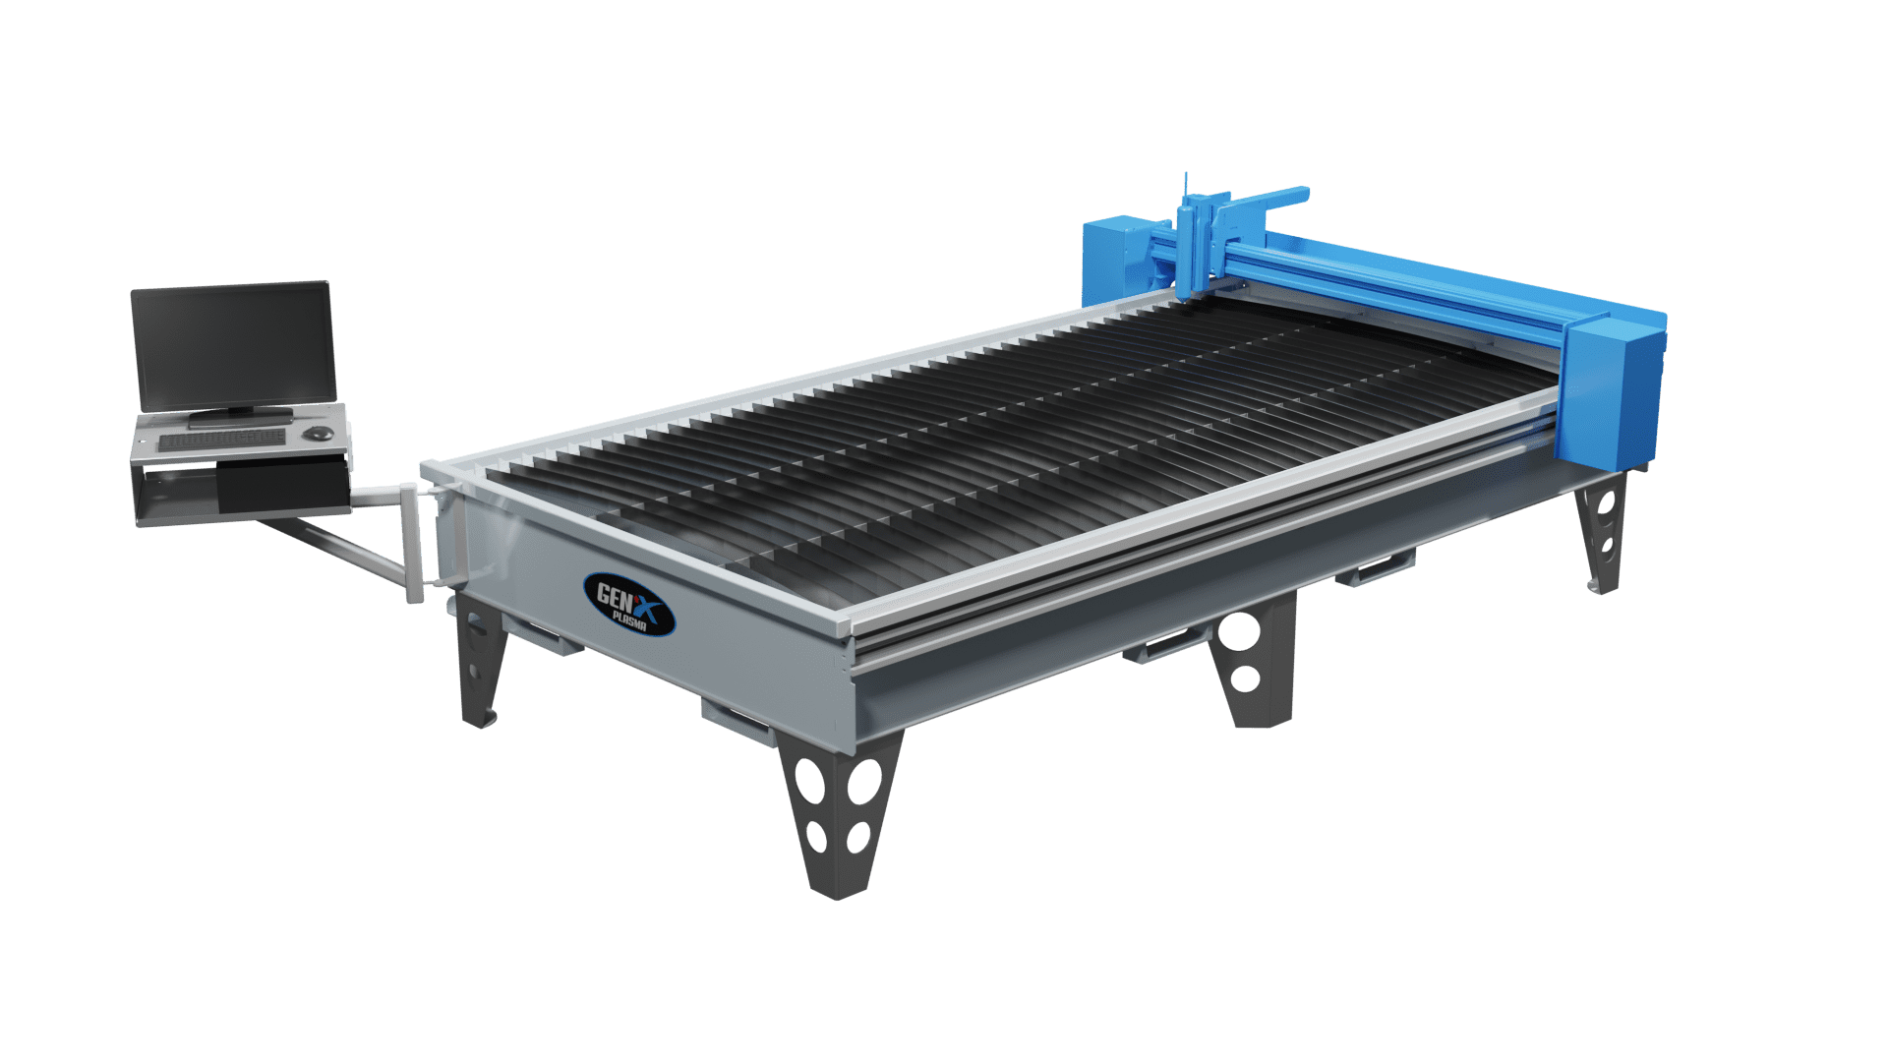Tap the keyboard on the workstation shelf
pos(223,439)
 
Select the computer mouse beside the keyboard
pos(318,433)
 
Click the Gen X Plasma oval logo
pos(629,604)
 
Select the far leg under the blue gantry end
pos(1600,531)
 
